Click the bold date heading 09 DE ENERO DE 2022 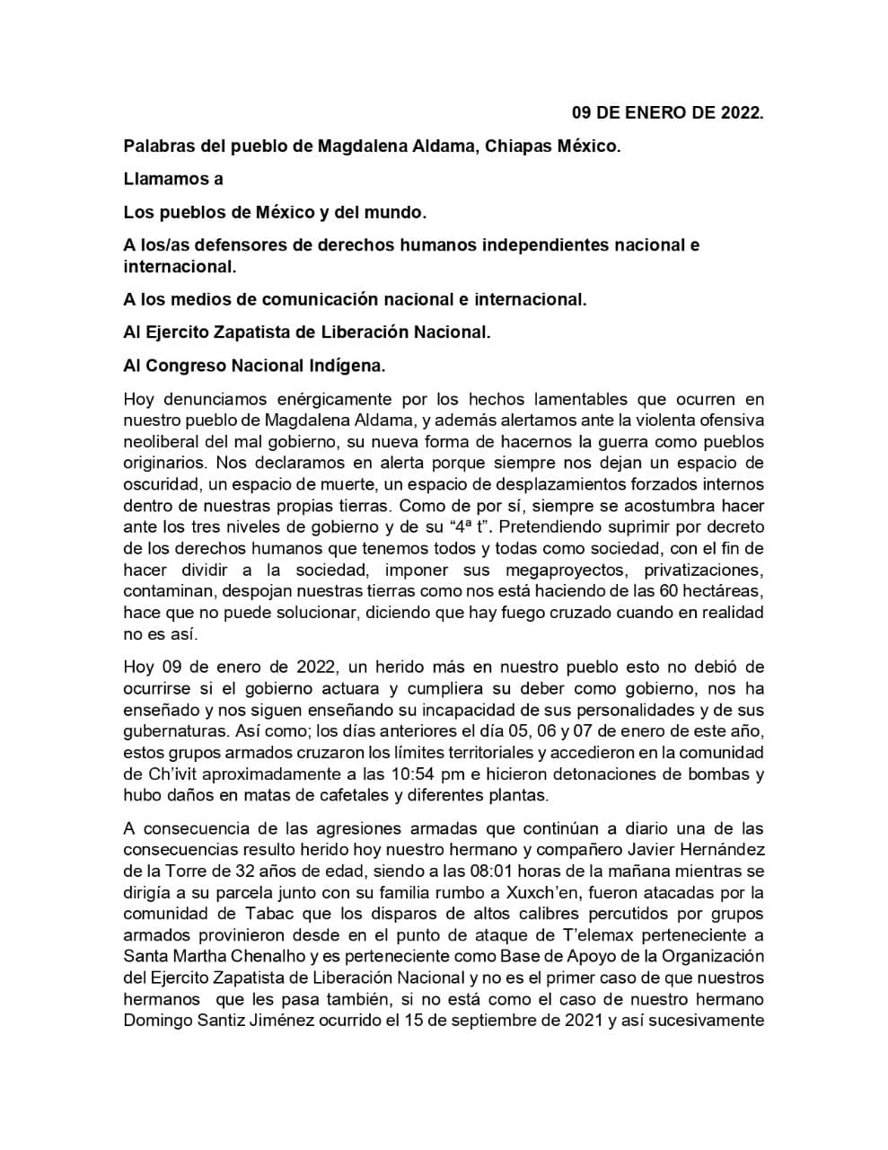tap(668, 112)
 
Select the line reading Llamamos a tap(173, 179)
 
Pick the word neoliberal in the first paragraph tap(161, 442)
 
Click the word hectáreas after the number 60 tap(723, 591)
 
